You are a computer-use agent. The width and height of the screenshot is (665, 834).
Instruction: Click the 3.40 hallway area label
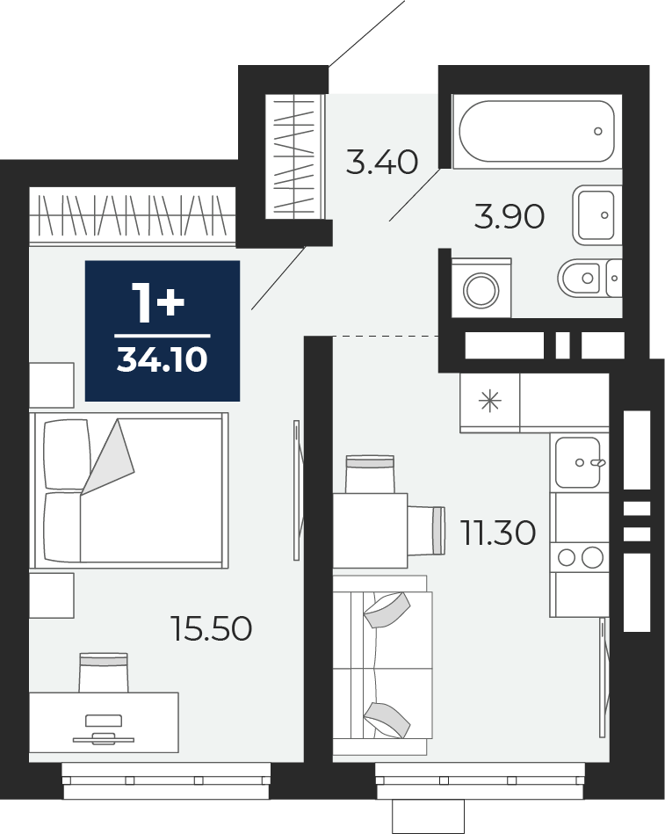click(381, 163)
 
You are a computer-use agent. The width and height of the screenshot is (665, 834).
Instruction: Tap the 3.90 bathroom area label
click(510, 217)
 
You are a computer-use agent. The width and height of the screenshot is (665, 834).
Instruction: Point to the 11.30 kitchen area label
click(497, 533)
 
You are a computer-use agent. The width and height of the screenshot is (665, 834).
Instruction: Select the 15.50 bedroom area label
click(211, 628)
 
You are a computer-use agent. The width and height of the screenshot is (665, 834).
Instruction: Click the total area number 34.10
click(163, 359)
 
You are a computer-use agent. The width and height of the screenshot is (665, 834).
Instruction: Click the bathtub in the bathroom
click(537, 131)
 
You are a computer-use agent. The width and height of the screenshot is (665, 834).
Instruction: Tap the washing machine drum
click(481, 290)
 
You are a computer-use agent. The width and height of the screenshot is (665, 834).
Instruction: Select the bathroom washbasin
click(597, 215)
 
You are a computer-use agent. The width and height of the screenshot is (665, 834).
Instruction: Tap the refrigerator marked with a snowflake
click(489, 402)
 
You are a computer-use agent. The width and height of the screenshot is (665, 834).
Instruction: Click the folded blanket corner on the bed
click(108, 457)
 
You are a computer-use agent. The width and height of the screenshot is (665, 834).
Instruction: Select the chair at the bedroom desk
click(104, 672)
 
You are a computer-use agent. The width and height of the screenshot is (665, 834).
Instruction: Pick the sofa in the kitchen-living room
click(383, 665)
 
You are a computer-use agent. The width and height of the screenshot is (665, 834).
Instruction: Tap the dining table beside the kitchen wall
click(371, 530)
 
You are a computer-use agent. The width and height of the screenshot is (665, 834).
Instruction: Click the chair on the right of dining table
click(426, 531)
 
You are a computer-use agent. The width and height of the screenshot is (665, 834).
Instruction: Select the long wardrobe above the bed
click(133, 216)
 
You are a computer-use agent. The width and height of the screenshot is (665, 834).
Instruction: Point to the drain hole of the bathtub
click(598, 131)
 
